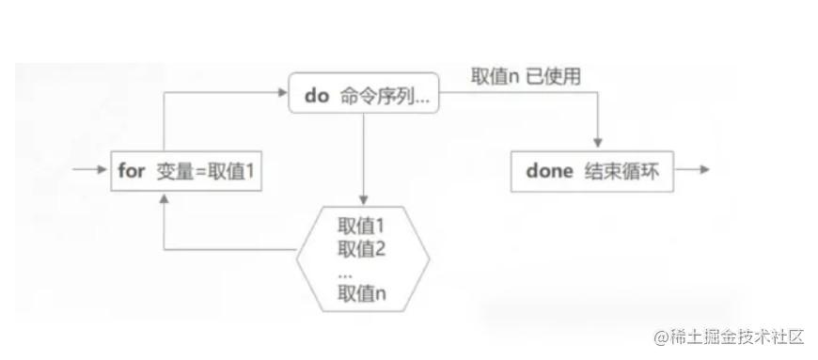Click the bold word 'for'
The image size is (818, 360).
click(133, 173)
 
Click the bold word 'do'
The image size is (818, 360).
click(317, 95)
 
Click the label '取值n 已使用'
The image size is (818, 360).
click(525, 76)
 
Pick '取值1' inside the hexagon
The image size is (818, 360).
click(361, 226)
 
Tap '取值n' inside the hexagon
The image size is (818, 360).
click(361, 295)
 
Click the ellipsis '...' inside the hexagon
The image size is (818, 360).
click(345, 272)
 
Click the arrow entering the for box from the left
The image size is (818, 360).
click(94, 172)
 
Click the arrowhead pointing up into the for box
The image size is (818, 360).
click(165, 198)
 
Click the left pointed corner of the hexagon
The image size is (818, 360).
click(297, 252)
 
